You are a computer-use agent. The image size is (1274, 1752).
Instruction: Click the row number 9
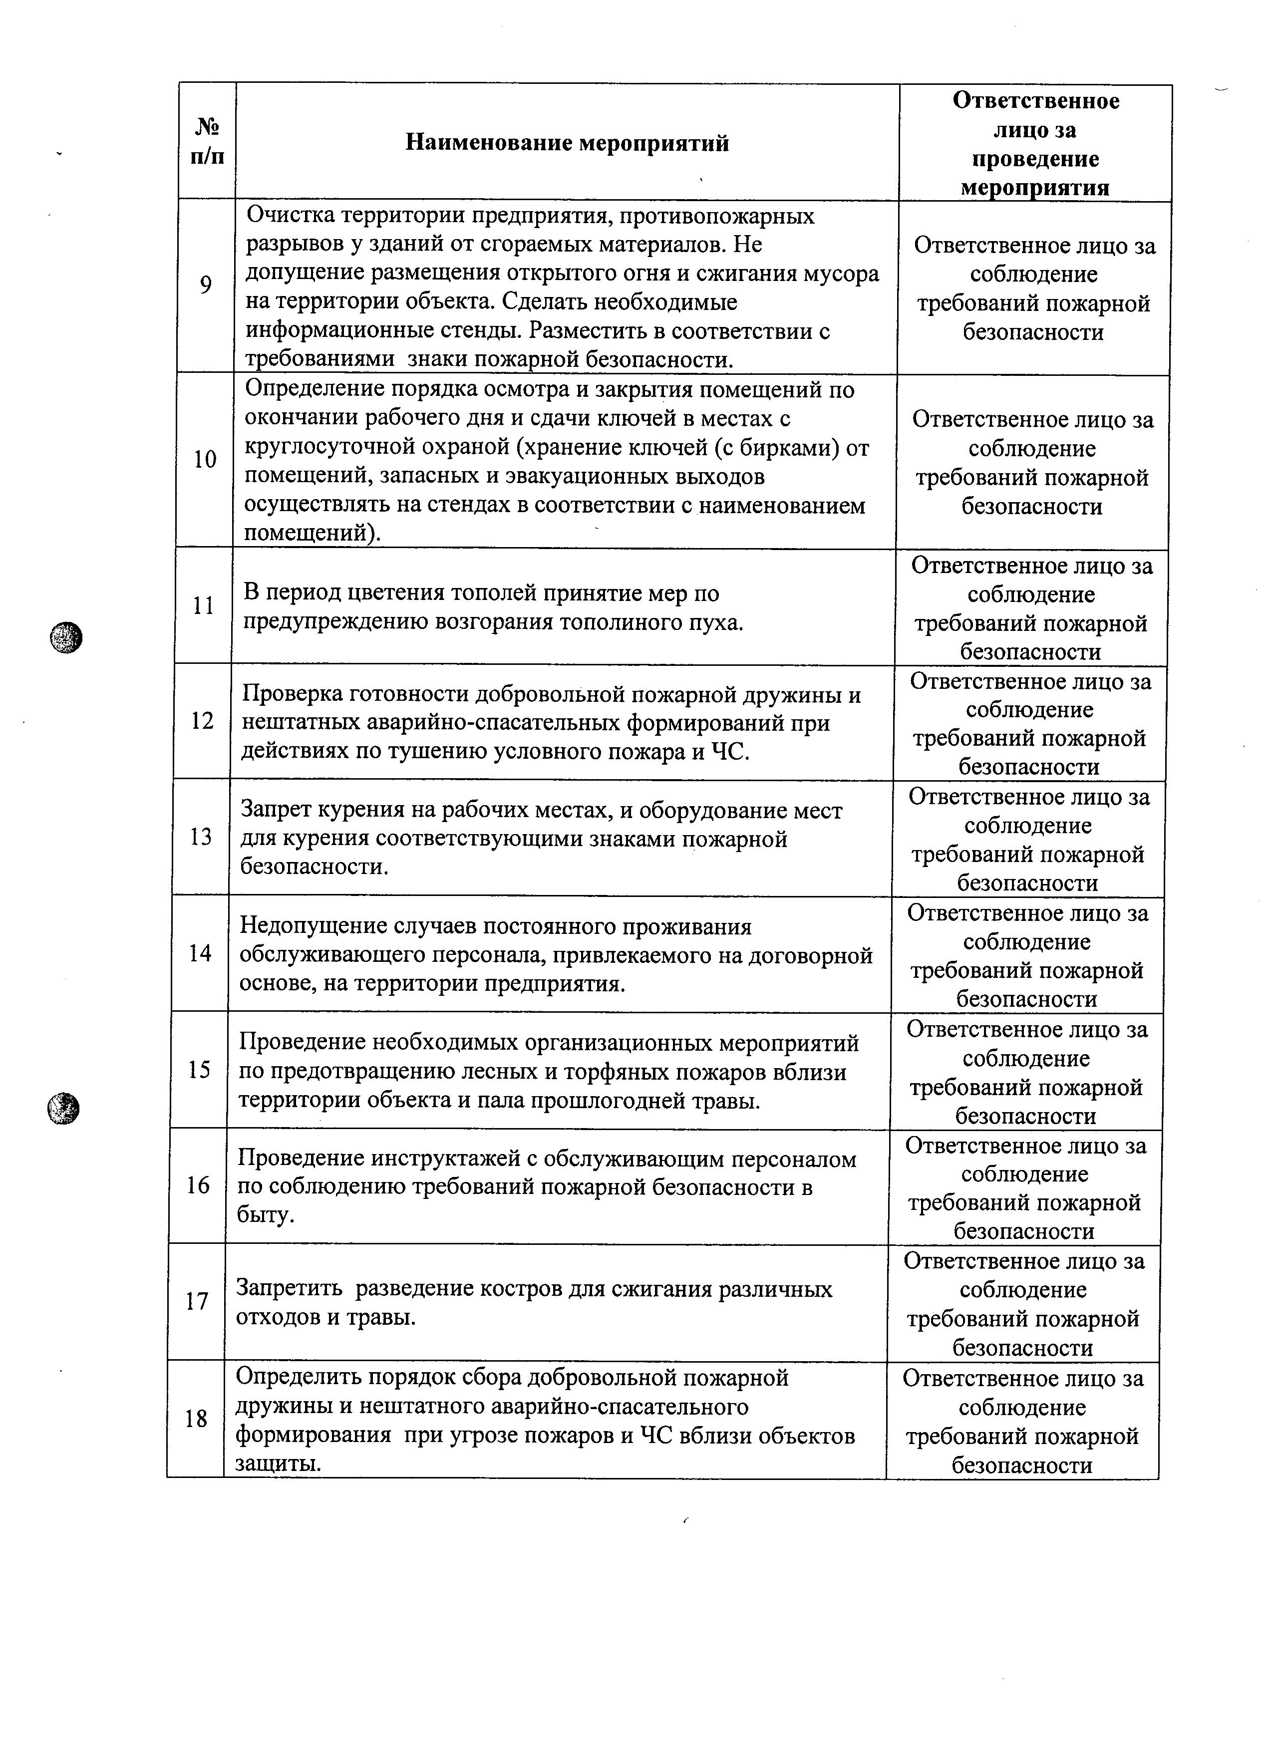pyautogui.click(x=206, y=286)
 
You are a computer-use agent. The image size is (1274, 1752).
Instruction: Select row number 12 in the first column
pyautogui.click(x=202, y=721)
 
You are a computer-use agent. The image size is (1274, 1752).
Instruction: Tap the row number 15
pyautogui.click(x=199, y=1070)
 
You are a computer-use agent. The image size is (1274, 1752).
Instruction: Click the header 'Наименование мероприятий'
pyautogui.click(x=567, y=143)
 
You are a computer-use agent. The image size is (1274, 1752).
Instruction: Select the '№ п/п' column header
pyautogui.click(x=207, y=141)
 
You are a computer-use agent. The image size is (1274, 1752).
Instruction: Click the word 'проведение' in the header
pyautogui.click(x=1035, y=159)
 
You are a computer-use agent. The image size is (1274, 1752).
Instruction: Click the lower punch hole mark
pyautogui.click(x=63, y=1109)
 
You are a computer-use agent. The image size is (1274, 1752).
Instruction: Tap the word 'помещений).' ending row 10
pyautogui.click(x=313, y=534)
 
